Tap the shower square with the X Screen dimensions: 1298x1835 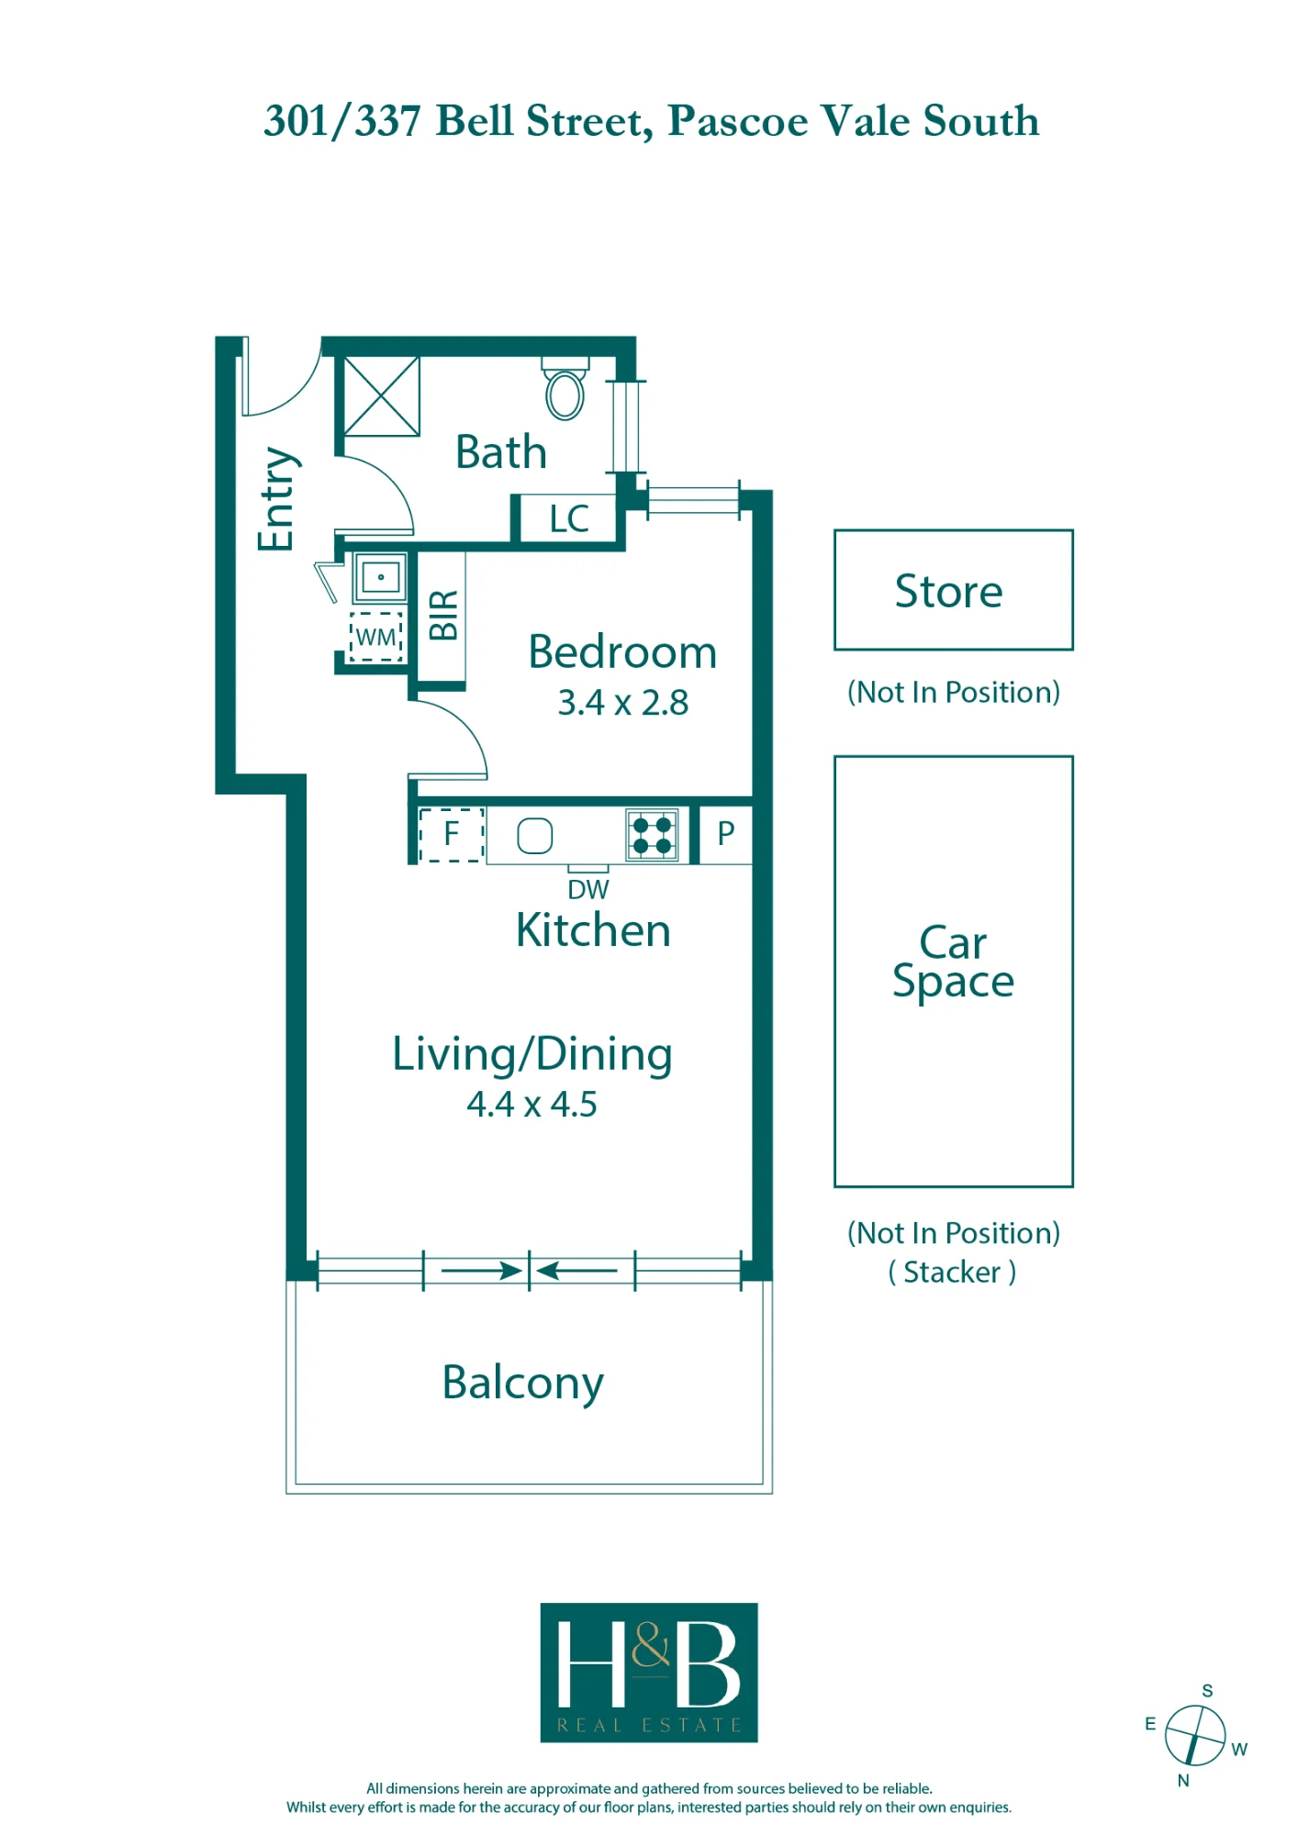coord(382,396)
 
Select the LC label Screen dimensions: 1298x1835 coord(569,519)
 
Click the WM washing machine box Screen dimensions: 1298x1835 coord(376,637)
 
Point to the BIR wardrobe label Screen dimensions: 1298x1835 coord(443,615)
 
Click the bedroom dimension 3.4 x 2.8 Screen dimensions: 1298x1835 coord(623,703)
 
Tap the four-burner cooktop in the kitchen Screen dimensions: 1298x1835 coord(653,835)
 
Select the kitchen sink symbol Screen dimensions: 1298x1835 coord(535,836)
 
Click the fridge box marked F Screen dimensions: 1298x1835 coord(452,835)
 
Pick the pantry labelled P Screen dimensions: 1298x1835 coord(726,834)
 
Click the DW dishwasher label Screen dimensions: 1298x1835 coord(588,889)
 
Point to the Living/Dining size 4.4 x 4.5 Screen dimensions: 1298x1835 coord(532,1105)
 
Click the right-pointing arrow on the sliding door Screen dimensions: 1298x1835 coord(482,1271)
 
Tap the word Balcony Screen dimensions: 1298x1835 coord(523,1384)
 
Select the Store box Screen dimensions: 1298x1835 coord(954,590)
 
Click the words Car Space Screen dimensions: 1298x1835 coord(954,962)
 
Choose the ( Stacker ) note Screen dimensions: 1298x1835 coord(953,1273)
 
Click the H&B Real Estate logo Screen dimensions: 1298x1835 coord(649,1673)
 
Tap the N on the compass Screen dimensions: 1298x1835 coord(1183,1781)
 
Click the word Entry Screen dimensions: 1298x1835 coord(276,499)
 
